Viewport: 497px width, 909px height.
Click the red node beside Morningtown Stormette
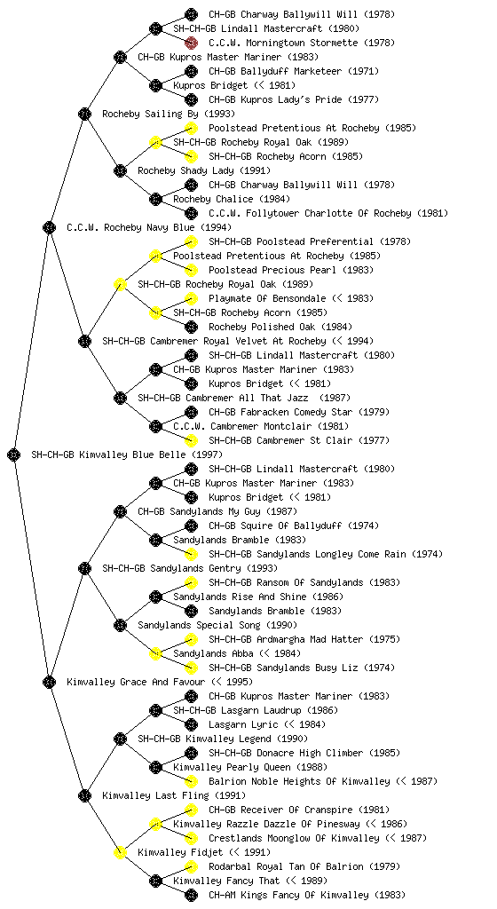point(191,43)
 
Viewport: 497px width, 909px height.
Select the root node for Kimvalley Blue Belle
point(14,454)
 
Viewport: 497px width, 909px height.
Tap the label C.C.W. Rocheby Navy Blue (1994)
point(149,227)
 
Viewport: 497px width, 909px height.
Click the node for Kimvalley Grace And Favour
point(49,682)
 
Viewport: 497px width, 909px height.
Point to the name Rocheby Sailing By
point(150,114)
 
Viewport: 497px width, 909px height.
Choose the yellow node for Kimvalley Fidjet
point(120,852)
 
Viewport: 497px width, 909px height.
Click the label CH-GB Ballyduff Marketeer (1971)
point(294,71)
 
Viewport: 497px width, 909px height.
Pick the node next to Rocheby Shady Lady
point(120,170)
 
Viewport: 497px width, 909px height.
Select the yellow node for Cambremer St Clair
point(191,440)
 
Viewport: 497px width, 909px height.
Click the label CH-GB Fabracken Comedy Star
point(280,412)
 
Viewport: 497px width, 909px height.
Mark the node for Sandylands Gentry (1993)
point(84,568)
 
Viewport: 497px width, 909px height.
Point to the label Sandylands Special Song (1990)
point(217,625)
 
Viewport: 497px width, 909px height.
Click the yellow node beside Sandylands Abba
point(155,653)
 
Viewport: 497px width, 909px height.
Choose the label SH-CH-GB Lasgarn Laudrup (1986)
point(256,710)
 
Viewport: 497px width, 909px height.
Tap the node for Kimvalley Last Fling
point(84,795)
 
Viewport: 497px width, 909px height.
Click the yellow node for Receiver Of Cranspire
point(191,810)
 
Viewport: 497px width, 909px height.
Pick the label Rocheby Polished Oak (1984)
point(280,327)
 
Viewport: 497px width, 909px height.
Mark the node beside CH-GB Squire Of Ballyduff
point(191,526)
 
